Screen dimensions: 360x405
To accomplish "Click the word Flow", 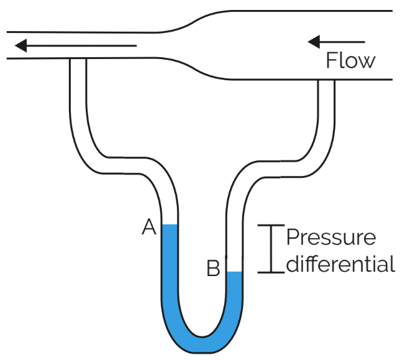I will coord(351,60).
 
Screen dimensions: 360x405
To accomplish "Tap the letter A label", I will coord(148,228).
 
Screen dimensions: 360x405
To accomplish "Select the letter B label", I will coord(213,269).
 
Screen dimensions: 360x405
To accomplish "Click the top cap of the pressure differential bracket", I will coord(270,226).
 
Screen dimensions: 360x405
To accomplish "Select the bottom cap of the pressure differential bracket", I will coord(270,272).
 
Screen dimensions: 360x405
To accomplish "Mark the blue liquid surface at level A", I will coord(170,225).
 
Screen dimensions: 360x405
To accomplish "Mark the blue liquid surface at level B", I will coord(234,272).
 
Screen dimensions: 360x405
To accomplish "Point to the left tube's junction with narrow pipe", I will coord(78,59).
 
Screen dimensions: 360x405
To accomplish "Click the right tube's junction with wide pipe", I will coord(326,80).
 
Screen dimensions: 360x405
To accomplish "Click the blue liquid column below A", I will coord(170,267).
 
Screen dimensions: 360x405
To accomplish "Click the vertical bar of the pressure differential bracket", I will coord(270,249).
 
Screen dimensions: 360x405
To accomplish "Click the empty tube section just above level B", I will coord(234,255).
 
